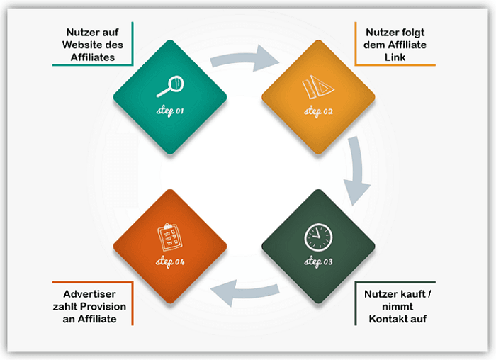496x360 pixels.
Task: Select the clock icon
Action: pyautogui.click(x=317, y=236)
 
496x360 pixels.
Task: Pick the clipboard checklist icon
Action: pyautogui.click(x=169, y=236)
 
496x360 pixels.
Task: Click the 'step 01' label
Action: pyautogui.click(x=170, y=112)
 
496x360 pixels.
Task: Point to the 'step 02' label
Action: pyautogui.click(x=318, y=112)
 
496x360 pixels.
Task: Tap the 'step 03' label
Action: pyautogui.click(x=318, y=263)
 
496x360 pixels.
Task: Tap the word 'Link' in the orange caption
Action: pyautogui.click(x=396, y=57)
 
